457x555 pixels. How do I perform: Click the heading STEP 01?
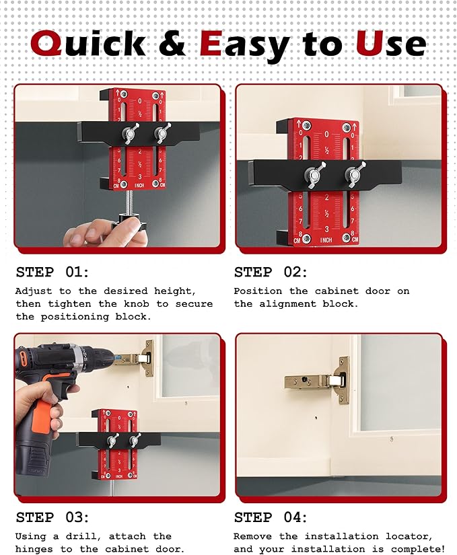[52, 272]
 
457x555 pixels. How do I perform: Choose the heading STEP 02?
[271, 272]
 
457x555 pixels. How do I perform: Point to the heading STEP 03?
[52, 517]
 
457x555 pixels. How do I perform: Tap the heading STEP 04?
[271, 517]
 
